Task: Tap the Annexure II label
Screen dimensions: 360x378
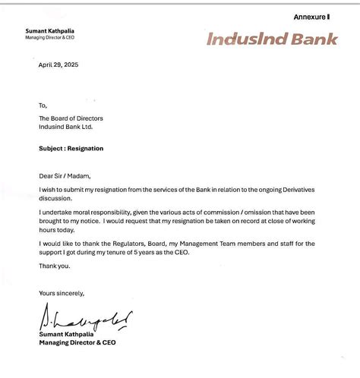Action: (x=311, y=17)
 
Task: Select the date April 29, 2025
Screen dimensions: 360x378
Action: (x=58, y=65)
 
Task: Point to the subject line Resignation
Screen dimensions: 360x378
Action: (x=71, y=149)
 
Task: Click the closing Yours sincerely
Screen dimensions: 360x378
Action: (x=62, y=293)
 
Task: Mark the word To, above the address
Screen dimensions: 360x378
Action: (x=43, y=106)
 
